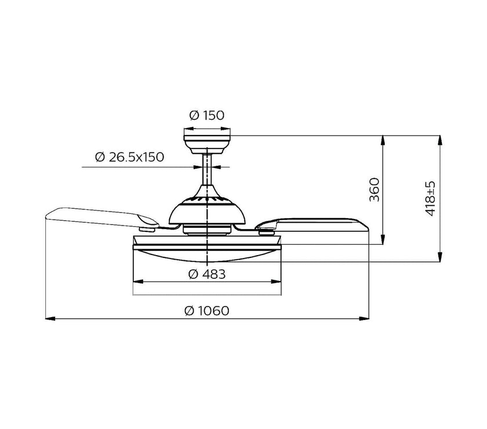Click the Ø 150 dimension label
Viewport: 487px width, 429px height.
pos(206,115)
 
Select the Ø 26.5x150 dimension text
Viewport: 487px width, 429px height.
pos(129,157)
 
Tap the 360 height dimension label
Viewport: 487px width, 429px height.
pos(375,190)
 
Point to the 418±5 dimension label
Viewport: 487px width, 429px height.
pos(430,199)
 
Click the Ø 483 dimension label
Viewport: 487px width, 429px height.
pos(207,274)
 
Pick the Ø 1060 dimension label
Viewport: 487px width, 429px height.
pos(206,310)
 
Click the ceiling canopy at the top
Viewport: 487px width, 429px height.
pos(207,144)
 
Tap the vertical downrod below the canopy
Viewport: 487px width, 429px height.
pos(207,170)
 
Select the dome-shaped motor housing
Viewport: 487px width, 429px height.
pos(207,206)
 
